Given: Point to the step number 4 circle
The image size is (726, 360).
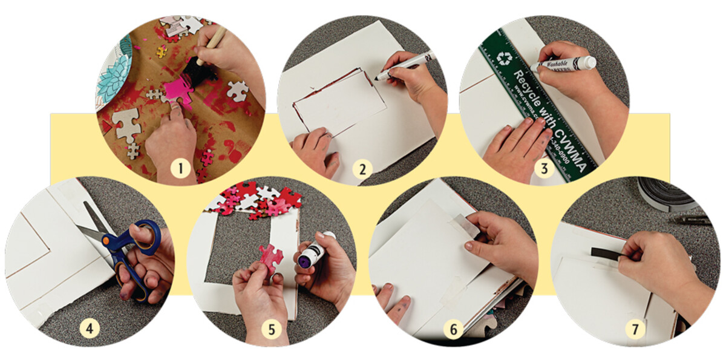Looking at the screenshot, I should (90, 330).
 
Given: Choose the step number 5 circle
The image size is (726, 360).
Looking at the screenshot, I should (272, 330).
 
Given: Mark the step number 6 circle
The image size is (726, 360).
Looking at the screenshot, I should (453, 330).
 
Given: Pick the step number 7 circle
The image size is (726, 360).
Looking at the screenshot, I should (635, 330).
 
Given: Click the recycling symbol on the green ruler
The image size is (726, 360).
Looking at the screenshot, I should (503, 57).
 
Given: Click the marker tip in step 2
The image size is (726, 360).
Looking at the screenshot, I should (376, 77).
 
